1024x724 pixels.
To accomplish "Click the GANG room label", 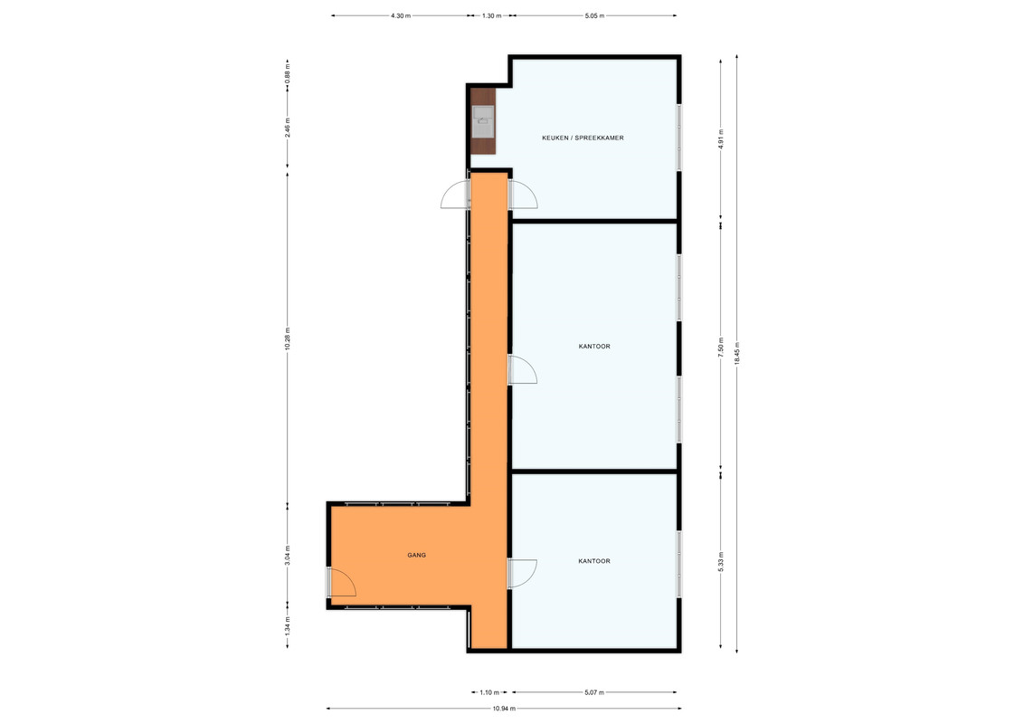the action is pyautogui.click(x=417, y=556).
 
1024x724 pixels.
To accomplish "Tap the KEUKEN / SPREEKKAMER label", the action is pyautogui.click(x=583, y=138).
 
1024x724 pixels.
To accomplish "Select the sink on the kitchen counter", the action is pyautogui.click(x=483, y=122).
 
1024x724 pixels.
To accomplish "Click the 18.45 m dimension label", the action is pyautogui.click(x=737, y=354).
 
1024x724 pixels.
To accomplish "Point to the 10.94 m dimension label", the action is pyautogui.click(x=504, y=709).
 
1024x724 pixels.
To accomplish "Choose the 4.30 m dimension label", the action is pyautogui.click(x=401, y=15).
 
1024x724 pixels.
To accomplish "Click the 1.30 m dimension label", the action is pyautogui.click(x=492, y=15).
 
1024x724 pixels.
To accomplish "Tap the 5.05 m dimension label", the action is pyautogui.click(x=594, y=15).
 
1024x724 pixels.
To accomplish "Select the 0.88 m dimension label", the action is pyautogui.click(x=288, y=71).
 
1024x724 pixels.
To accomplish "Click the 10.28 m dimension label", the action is pyautogui.click(x=288, y=339).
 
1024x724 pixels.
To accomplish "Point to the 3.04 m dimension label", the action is pyautogui.click(x=288, y=556).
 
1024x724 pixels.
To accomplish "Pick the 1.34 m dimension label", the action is pyautogui.click(x=288, y=626).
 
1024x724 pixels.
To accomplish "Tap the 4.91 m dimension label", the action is pyautogui.click(x=721, y=139).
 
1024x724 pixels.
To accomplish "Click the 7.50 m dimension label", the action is pyautogui.click(x=721, y=347).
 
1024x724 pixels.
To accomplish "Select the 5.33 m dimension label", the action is pyautogui.click(x=721, y=562).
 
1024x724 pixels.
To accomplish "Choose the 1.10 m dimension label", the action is pyautogui.click(x=489, y=692).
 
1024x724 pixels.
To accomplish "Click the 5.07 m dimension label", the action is pyautogui.click(x=594, y=692).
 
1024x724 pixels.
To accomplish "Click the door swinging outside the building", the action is pyautogui.click(x=455, y=194).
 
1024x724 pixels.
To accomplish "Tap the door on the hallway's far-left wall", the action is pyautogui.click(x=341, y=582).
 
